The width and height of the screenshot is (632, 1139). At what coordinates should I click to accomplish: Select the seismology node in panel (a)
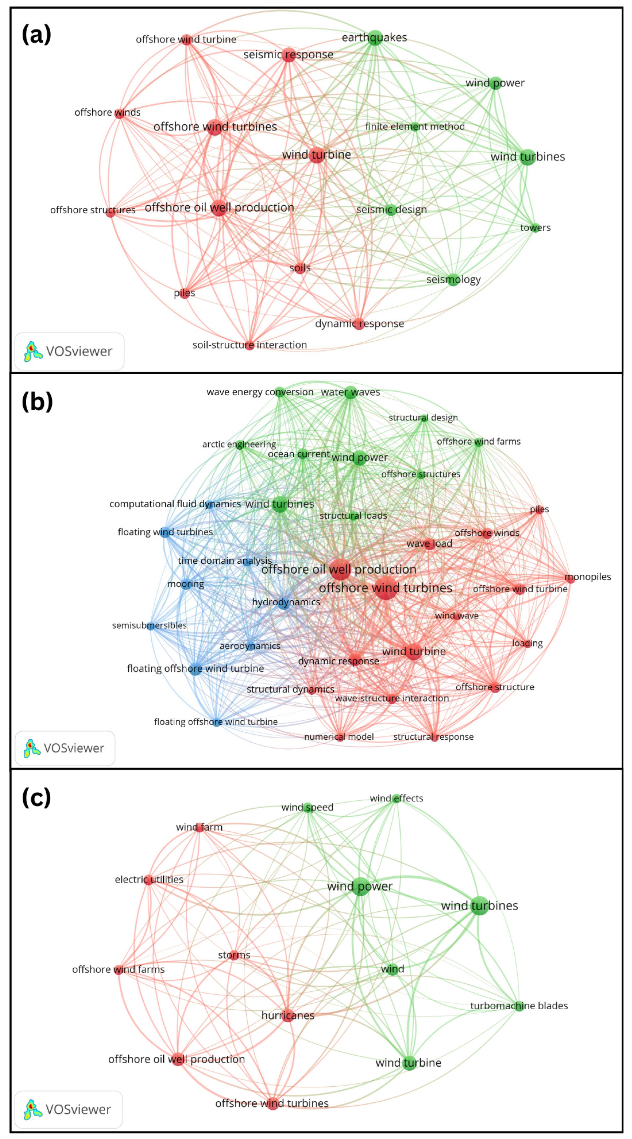coord(453,280)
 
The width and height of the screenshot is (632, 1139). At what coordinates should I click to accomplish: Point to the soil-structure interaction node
coord(250,345)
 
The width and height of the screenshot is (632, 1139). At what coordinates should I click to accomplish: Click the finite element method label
coord(414,127)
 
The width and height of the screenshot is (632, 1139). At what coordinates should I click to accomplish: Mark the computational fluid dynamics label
coord(175,504)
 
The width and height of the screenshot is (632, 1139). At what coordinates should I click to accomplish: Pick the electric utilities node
coord(149,879)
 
